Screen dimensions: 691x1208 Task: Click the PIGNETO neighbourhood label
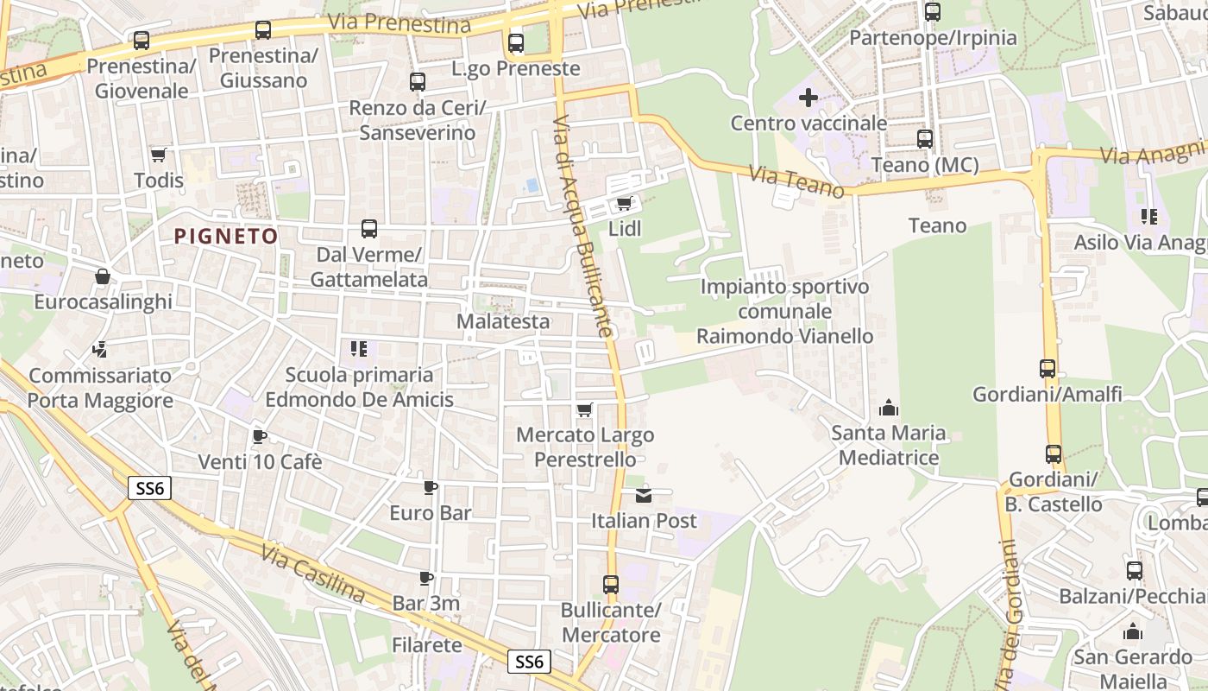tap(226, 236)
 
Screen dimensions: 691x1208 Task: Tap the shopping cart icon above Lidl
tap(624, 204)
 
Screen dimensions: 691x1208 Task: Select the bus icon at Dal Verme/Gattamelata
tap(369, 229)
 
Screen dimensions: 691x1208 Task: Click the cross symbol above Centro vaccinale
tap(808, 98)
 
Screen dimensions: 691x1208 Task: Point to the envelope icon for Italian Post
tap(644, 496)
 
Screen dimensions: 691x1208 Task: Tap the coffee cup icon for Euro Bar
tap(430, 488)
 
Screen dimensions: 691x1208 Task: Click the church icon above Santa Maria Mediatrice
tap(888, 408)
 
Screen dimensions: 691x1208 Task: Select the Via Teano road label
tap(796, 182)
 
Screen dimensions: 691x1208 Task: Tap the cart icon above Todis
tap(158, 155)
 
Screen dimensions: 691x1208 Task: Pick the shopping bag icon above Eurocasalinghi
tap(103, 276)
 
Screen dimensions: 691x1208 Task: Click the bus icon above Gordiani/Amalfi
tap(1048, 369)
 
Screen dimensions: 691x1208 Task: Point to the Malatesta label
tap(503, 321)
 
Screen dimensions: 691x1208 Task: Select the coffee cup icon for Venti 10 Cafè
tap(259, 436)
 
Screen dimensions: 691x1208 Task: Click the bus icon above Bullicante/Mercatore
tap(611, 585)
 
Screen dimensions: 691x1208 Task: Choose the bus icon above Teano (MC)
tap(925, 139)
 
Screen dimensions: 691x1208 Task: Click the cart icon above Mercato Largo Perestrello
tap(585, 409)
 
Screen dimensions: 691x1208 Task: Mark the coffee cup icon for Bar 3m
tap(425, 578)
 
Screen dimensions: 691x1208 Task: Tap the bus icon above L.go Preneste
tap(516, 42)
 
